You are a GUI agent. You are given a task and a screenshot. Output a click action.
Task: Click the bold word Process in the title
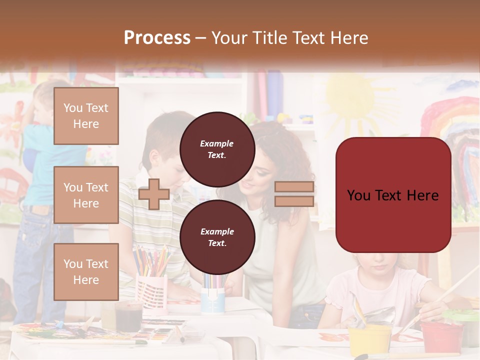click(157, 38)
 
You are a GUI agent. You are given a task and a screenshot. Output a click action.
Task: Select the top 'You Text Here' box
click(86, 116)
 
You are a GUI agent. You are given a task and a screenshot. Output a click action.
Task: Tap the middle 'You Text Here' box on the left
click(86, 195)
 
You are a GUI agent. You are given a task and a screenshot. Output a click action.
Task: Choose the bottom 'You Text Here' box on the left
click(86, 272)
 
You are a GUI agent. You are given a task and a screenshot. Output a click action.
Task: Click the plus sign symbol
click(153, 194)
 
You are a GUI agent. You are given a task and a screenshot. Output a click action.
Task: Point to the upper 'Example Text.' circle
click(217, 149)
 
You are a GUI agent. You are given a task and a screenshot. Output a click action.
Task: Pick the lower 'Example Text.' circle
click(217, 237)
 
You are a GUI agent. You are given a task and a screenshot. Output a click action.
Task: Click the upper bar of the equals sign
click(294, 187)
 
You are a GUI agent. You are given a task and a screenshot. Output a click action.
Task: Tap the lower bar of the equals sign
click(294, 201)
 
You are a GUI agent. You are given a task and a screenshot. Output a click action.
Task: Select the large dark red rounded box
click(393, 195)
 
